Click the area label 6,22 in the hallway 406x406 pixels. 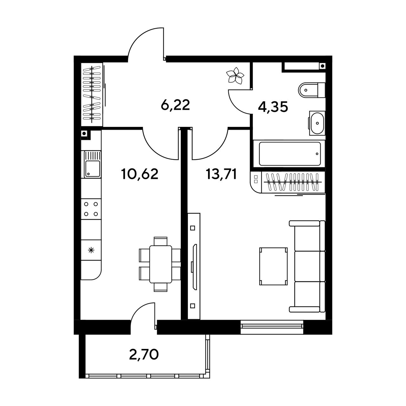click(175, 105)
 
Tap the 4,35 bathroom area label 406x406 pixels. click(273, 108)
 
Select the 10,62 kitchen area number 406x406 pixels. click(140, 174)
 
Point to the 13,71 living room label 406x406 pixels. click(222, 174)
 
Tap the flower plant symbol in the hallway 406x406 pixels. click(235, 75)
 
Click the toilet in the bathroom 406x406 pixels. click(311, 90)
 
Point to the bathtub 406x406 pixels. click(289, 154)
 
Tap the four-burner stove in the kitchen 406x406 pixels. click(91, 209)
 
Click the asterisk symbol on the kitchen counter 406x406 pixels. click(91, 250)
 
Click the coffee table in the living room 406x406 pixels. click(273, 266)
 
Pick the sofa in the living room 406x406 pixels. click(307, 266)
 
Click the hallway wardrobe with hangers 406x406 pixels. click(92, 95)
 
